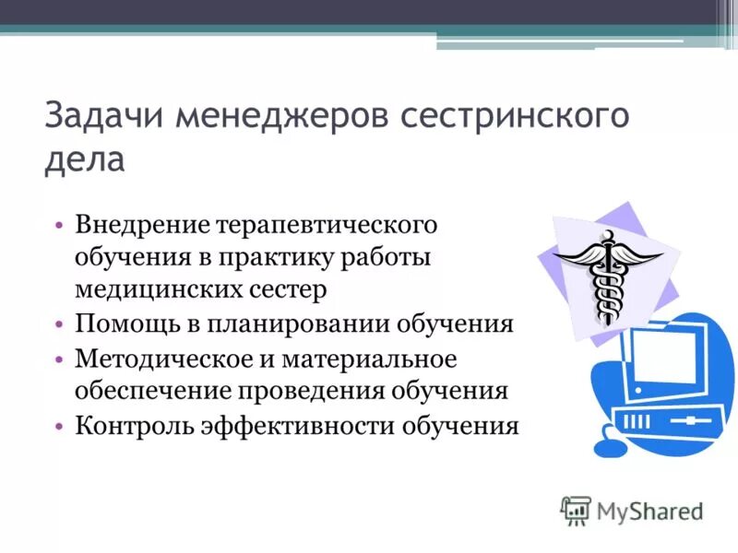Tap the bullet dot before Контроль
coord(58,426)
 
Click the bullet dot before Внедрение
coord(58,226)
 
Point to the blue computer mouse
coord(611,447)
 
